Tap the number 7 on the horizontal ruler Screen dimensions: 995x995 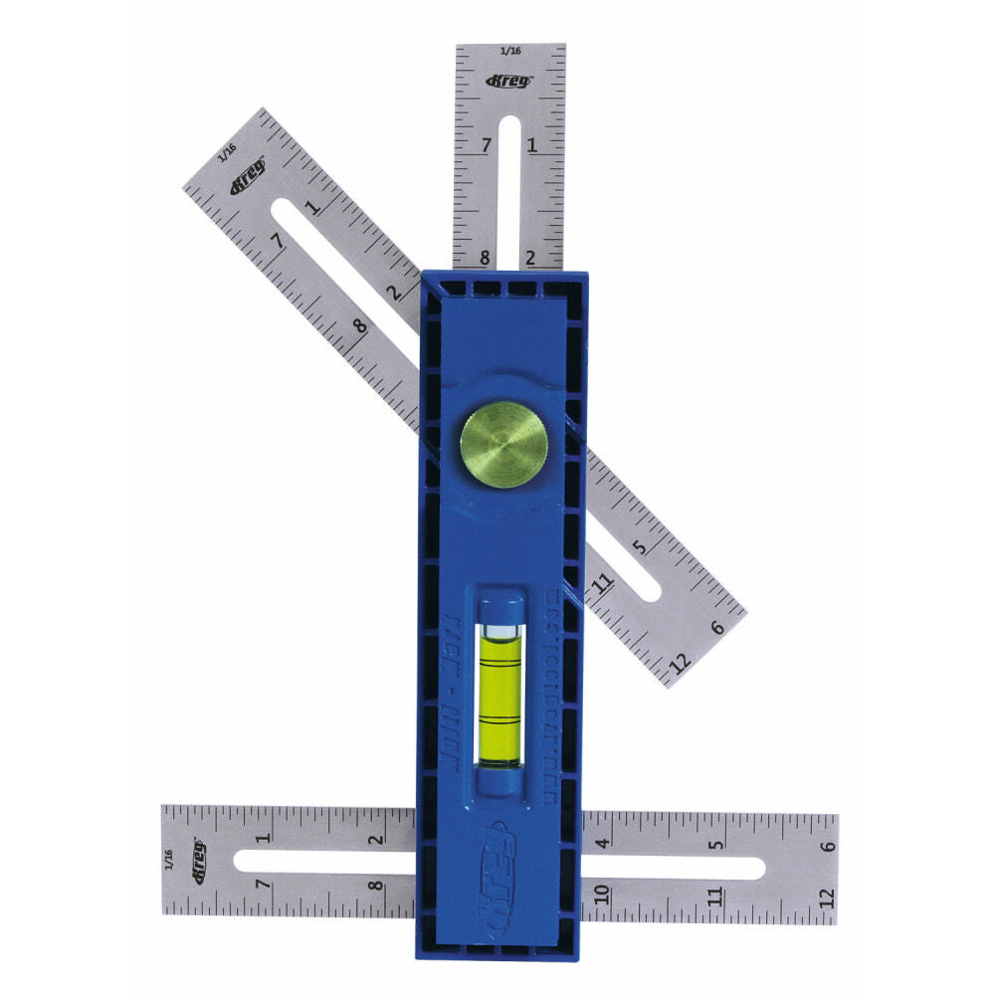[262, 884]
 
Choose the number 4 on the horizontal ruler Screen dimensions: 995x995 [602, 844]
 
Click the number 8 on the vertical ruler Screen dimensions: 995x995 [486, 258]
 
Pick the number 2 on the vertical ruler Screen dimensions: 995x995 [530, 258]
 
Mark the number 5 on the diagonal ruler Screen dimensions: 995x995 [640, 545]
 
